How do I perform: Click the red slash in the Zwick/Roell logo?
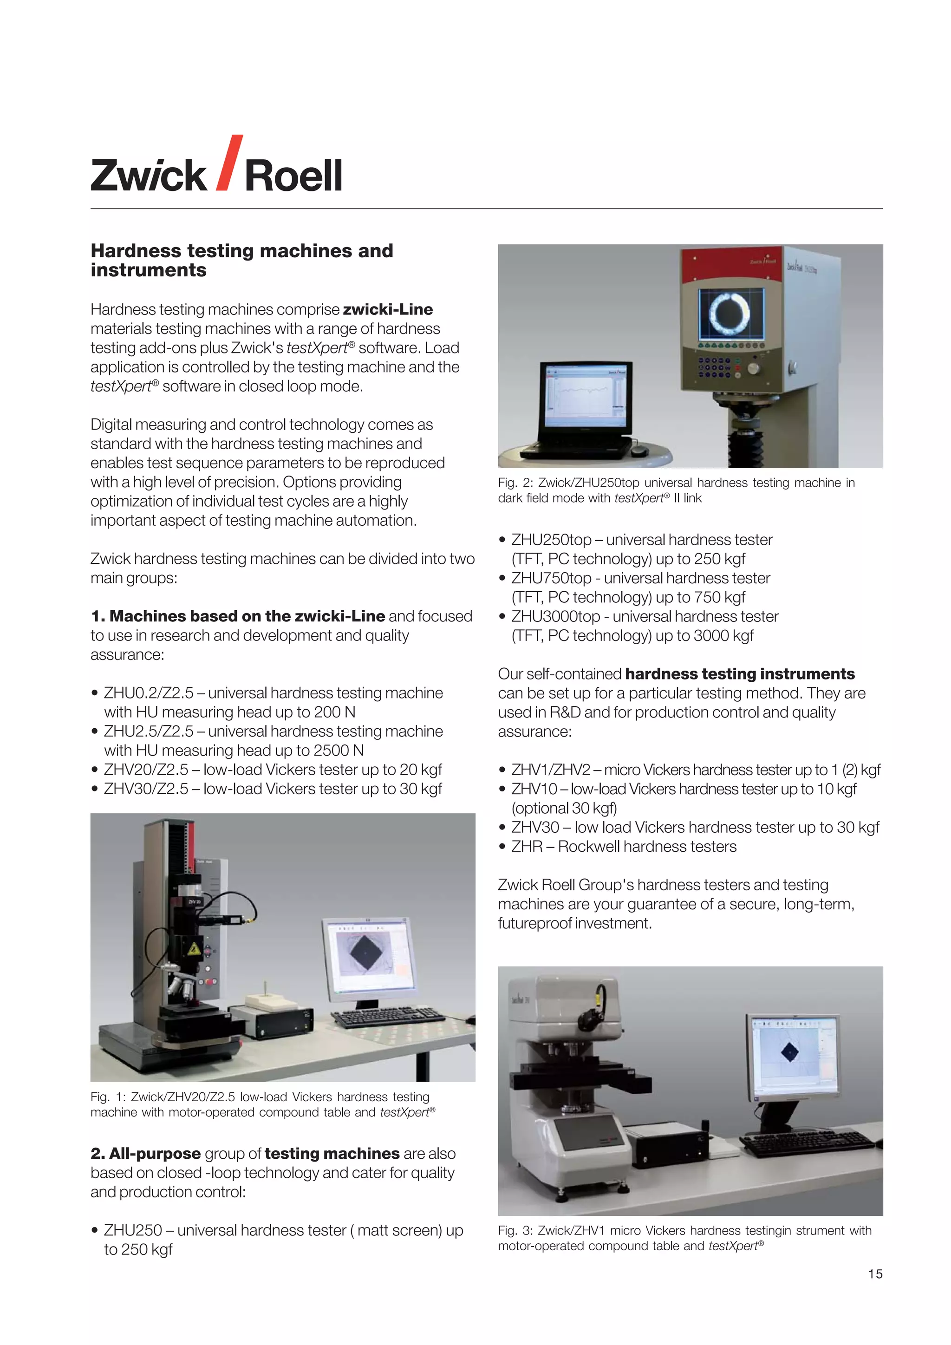tap(229, 163)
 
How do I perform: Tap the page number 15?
tap(875, 1273)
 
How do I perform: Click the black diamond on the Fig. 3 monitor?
tap(789, 1053)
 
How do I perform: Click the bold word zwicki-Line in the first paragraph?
tap(388, 309)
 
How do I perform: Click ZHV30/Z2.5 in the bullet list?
tap(146, 789)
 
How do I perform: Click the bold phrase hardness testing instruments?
tap(740, 674)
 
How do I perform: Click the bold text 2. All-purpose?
tap(146, 1154)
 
